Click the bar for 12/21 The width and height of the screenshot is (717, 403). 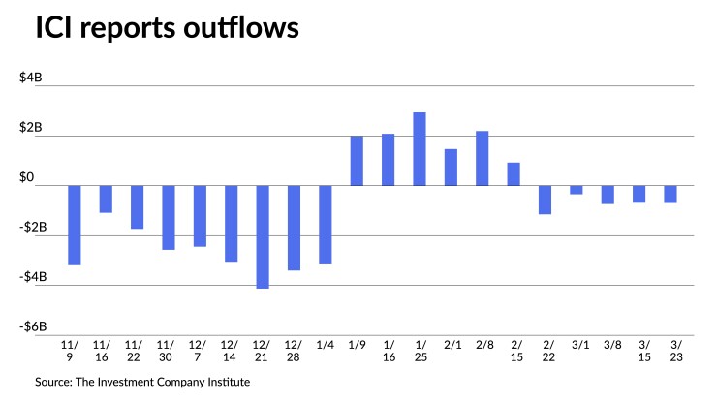[262, 236]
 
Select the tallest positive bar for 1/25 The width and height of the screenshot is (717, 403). [420, 149]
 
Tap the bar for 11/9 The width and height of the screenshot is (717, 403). [74, 225]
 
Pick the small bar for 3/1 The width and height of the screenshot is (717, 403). [576, 190]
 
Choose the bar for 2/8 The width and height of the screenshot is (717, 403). [482, 158]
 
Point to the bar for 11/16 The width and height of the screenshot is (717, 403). [106, 199]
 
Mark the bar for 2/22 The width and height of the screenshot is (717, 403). [545, 200]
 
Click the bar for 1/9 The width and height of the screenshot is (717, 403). [357, 161]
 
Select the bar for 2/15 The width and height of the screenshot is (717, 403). [514, 174]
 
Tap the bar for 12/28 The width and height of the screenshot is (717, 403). [294, 228]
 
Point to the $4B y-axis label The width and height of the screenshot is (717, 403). [32, 78]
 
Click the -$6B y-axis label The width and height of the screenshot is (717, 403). [30, 326]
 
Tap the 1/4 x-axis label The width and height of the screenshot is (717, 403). [325, 343]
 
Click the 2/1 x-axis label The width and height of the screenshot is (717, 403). [451, 343]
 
